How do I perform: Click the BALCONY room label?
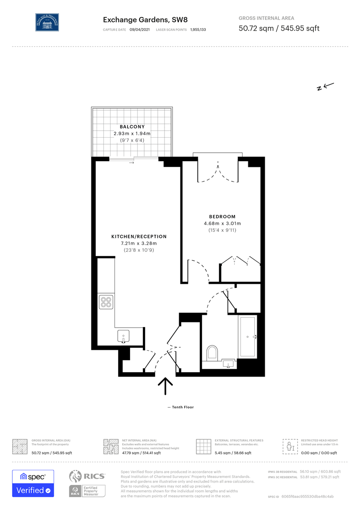tap(132, 127)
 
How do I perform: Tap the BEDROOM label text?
tap(222, 217)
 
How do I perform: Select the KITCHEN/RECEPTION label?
tap(139, 237)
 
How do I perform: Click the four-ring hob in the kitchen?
tap(106, 302)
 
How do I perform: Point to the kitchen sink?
tap(123, 337)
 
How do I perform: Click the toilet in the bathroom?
tap(213, 353)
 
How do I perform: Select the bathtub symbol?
tap(248, 337)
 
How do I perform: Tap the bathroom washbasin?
tap(229, 364)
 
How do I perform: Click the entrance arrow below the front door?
tap(165, 386)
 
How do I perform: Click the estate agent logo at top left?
tap(47, 22)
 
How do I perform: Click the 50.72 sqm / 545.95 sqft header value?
tap(279, 28)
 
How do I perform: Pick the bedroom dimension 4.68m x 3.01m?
tap(222, 223)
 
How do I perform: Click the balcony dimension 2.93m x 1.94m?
tap(132, 133)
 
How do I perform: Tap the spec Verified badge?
tap(33, 483)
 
